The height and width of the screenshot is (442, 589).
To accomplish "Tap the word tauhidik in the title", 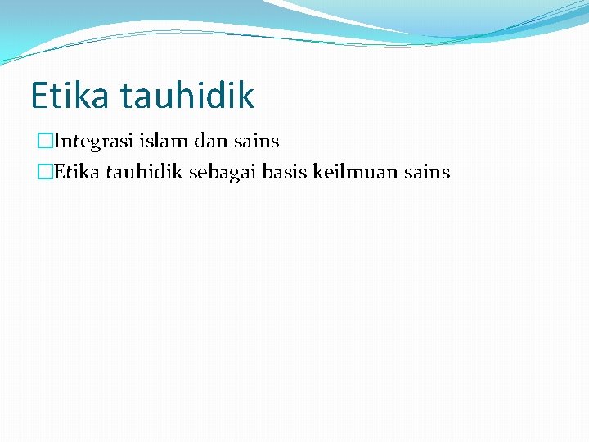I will pyautogui.click(x=187, y=96).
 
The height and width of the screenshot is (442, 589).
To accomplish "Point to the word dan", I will pyautogui.click(x=209, y=142).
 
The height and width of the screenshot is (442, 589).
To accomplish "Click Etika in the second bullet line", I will pyautogui.click(x=74, y=172).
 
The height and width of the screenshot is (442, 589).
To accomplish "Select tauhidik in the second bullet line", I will pyautogui.click(x=140, y=172).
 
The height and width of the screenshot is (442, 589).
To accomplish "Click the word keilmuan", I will pyautogui.click(x=353, y=172).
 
